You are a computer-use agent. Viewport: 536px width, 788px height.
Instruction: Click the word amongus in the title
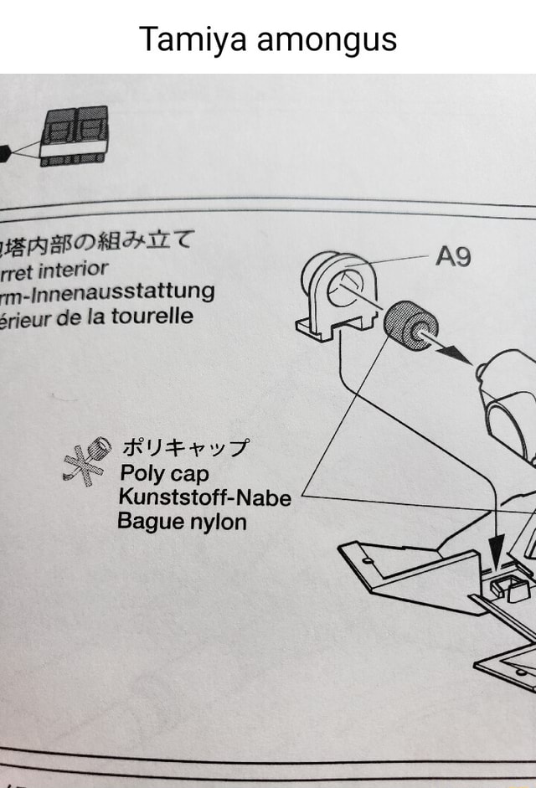click(x=327, y=39)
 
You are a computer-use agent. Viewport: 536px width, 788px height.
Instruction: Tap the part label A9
click(x=453, y=257)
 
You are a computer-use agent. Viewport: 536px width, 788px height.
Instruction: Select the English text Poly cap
click(x=164, y=474)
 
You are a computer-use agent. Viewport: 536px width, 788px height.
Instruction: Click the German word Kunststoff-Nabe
click(x=204, y=498)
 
